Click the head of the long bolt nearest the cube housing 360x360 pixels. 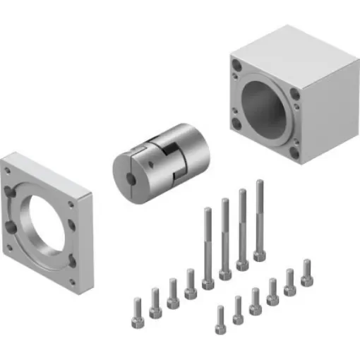click(x=260, y=254)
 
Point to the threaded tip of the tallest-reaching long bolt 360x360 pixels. click(x=260, y=184)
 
